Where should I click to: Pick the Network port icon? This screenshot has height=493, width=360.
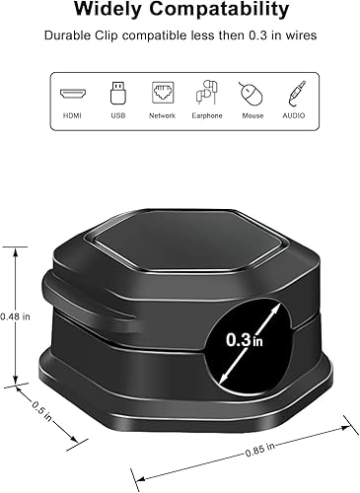coord(163,93)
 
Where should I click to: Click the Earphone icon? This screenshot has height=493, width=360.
coord(206,93)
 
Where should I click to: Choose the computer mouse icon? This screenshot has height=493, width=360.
coord(251,94)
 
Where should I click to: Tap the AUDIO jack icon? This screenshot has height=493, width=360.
coord(294,93)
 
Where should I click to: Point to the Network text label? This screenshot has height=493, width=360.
coord(163,115)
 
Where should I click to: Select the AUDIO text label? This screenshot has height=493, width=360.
coord(294,115)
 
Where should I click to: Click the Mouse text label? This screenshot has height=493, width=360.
coord(251,115)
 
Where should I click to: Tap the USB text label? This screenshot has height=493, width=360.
coord(117,115)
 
